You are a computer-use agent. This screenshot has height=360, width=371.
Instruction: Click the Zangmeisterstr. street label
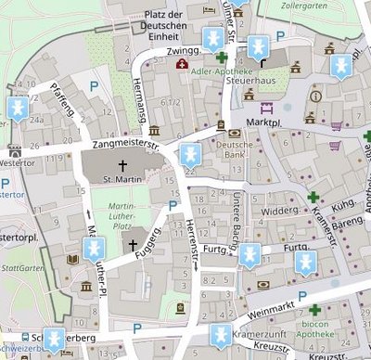pyautogui.click(x=129, y=145)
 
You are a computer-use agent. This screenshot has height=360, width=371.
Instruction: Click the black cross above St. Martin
pyautogui.click(x=121, y=164)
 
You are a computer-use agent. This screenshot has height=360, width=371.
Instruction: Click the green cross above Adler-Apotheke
pyautogui.click(x=222, y=58)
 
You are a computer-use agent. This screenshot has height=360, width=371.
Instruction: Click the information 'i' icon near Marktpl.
pyautogui.click(x=315, y=96)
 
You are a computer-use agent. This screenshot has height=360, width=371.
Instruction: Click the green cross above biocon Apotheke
pyautogui.click(x=315, y=310)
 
